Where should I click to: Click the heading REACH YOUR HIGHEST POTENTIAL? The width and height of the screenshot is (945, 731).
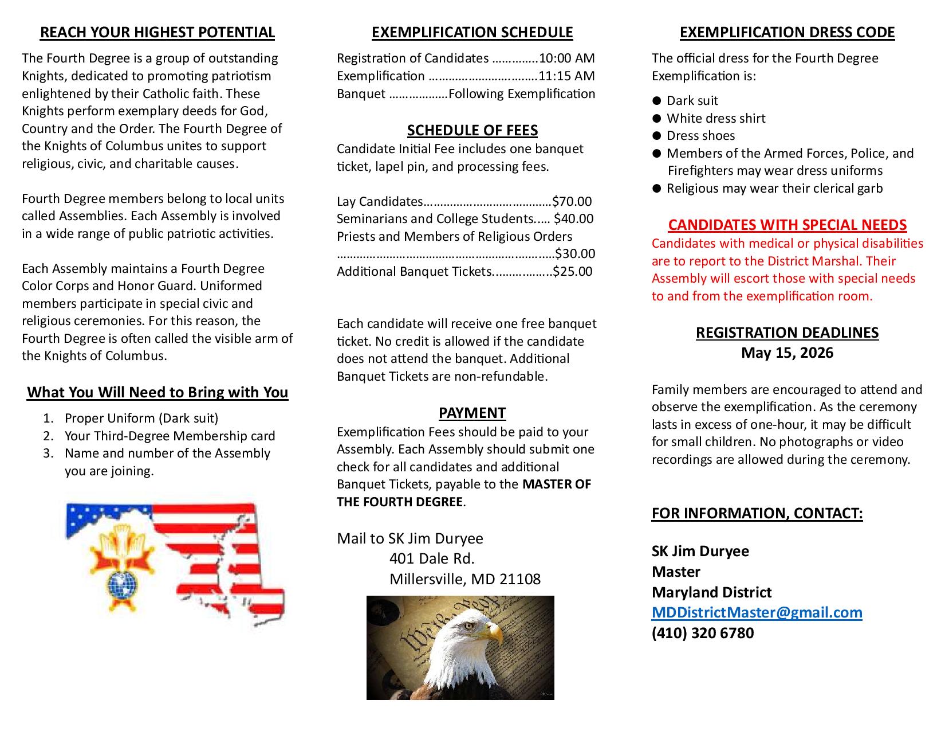click(x=157, y=33)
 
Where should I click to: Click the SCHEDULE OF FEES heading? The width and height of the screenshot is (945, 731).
click(x=472, y=131)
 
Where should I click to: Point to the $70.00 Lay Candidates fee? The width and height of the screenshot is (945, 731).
click(x=572, y=202)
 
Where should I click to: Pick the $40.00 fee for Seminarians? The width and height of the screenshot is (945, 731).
click(x=574, y=219)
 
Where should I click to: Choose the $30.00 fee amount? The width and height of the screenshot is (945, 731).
click(x=575, y=254)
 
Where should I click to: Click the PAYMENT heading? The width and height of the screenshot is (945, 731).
click(x=472, y=413)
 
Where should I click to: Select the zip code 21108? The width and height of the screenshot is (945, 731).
click(x=519, y=579)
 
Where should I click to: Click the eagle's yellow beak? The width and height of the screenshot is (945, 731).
click(x=494, y=632)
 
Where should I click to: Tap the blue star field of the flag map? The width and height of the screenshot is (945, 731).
click(x=106, y=518)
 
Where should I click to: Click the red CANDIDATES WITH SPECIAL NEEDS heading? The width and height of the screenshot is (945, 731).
click(x=787, y=225)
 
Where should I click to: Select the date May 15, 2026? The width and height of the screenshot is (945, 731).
click(x=787, y=353)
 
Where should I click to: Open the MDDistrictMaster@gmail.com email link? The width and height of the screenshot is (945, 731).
click(x=757, y=612)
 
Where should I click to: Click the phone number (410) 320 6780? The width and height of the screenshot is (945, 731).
click(x=703, y=633)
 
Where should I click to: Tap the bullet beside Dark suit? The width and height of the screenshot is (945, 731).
click(x=657, y=101)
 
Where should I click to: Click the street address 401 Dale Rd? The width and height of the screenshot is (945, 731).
click(x=432, y=558)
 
